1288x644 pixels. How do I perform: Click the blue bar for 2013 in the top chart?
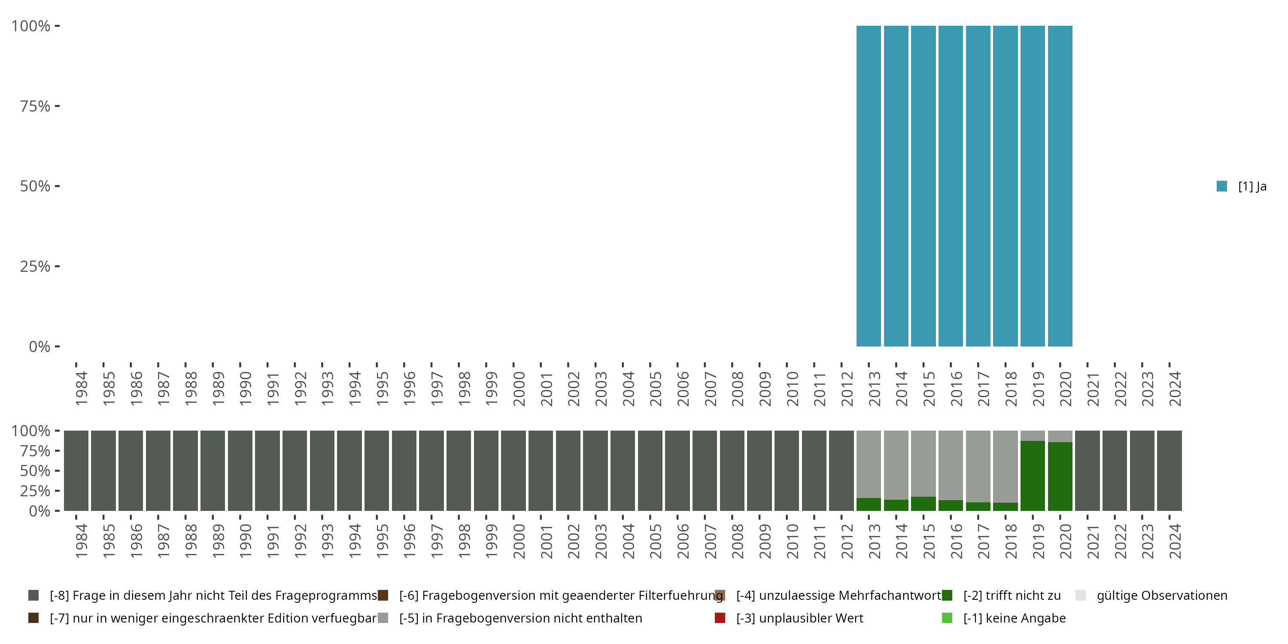(869, 186)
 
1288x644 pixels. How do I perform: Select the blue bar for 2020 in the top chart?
(1060, 186)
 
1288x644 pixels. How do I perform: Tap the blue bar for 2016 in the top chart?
(951, 186)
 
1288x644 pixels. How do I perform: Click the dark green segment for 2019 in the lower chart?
(1033, 476)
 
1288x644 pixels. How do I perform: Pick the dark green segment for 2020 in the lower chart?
(1060, 476)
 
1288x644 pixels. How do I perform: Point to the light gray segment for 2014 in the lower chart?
(896, 465)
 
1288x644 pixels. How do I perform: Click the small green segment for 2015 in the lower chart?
(923, 504)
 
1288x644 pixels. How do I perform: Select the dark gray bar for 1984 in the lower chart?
(76, 471)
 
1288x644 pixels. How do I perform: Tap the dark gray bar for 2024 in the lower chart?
(1170, 471)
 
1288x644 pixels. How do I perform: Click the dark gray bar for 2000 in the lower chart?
(513, 471)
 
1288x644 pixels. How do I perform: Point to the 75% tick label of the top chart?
(35, 106)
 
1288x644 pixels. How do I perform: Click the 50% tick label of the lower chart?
(35, 471)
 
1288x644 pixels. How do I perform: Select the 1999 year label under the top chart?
(491, 389)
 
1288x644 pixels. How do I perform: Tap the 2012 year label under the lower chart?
(847, 541)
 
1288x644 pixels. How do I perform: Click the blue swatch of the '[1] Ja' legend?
(1222, 186)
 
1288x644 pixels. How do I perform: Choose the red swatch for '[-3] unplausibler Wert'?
(720, 618)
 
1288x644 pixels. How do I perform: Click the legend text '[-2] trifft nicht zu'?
(1012, 595)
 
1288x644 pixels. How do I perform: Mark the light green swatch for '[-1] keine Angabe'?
(947, 618)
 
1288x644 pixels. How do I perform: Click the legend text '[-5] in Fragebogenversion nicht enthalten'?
(520, 618)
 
